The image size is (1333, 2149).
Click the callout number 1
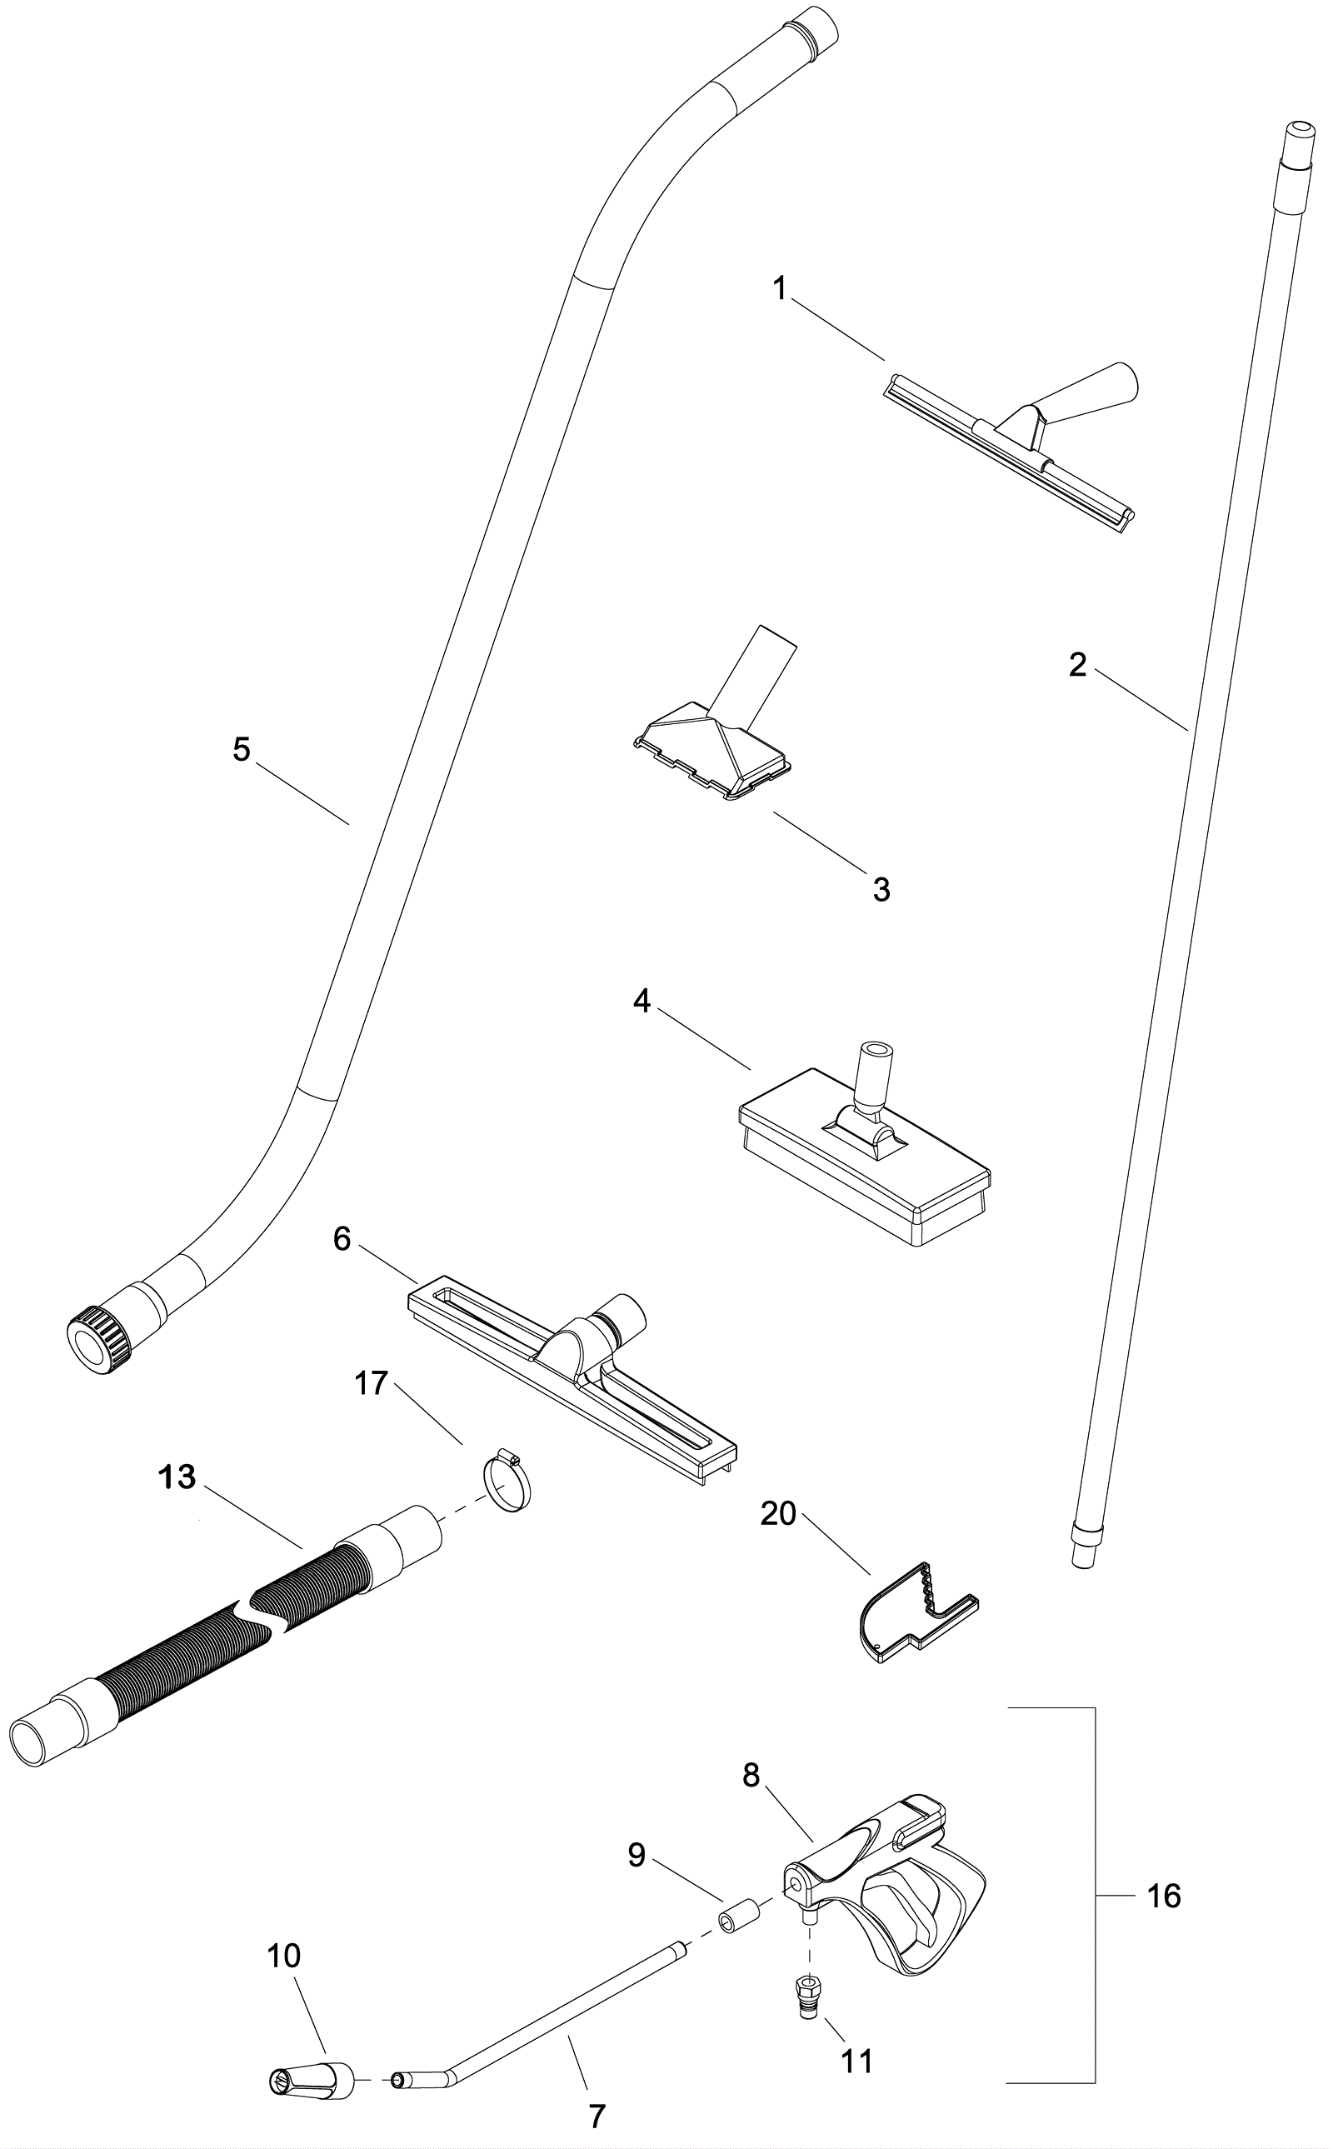tap(779, 289)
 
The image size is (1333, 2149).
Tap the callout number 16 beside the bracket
tap(1163, 1896)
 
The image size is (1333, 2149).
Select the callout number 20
tap(778, 1514)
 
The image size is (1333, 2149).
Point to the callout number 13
tap(177, 1477)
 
